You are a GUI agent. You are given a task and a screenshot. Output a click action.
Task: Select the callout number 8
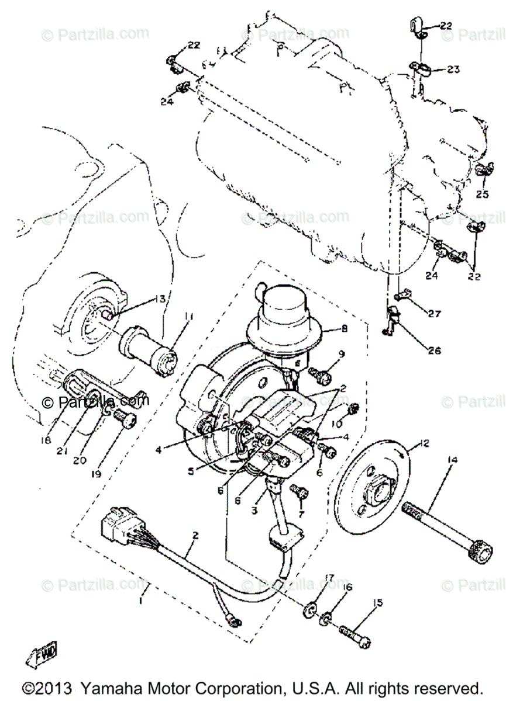tap(344, 329)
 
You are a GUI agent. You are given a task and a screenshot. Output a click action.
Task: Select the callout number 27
tap(433, 314)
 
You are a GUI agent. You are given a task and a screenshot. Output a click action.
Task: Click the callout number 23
tap(453, 70)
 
